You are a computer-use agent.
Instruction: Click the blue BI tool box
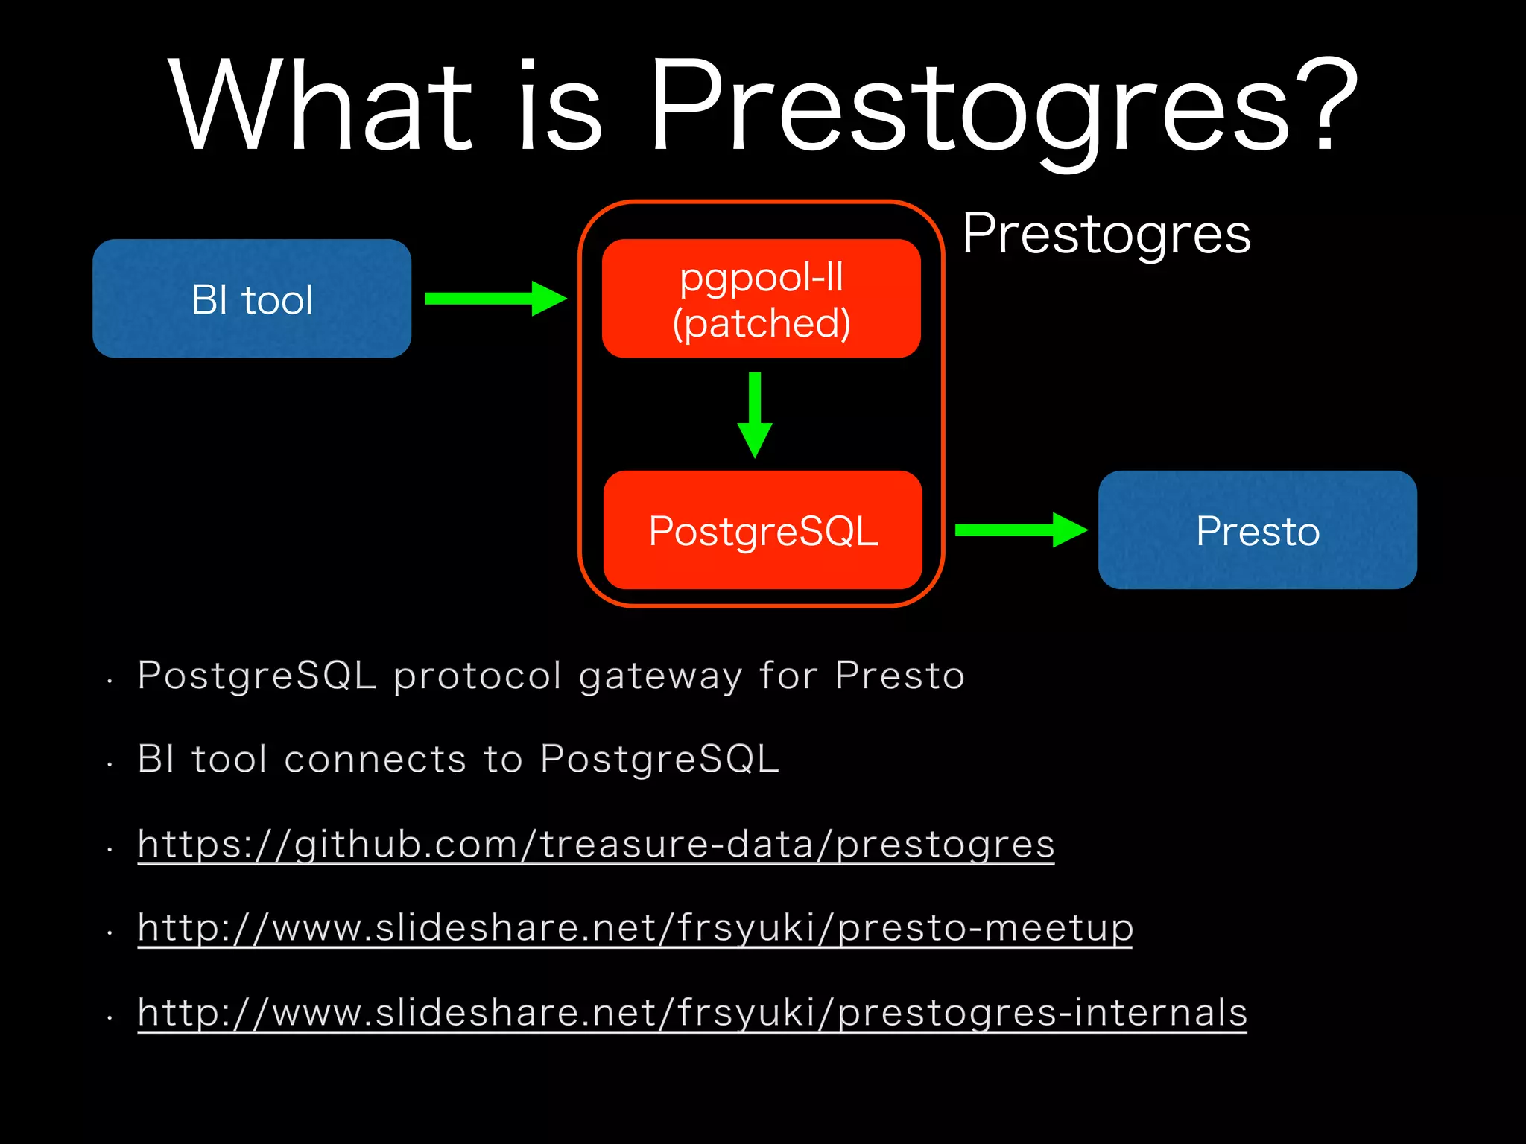252,299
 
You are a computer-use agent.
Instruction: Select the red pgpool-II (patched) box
761,299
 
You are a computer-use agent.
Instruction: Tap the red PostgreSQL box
762,530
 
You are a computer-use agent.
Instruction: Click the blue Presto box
1257,530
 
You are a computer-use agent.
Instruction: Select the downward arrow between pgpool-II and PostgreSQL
755,414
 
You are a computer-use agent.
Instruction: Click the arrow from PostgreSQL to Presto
1020,530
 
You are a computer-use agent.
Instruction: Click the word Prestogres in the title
969,108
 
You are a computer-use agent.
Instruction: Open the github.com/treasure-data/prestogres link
596,845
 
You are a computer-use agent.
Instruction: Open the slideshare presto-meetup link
635,929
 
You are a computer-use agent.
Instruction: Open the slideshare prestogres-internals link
692,1013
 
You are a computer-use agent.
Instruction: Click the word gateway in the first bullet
660,677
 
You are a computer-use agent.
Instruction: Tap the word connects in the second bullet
375,760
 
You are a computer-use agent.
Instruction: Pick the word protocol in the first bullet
477,677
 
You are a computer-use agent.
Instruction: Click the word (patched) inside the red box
761,324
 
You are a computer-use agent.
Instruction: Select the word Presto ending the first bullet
899,676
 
